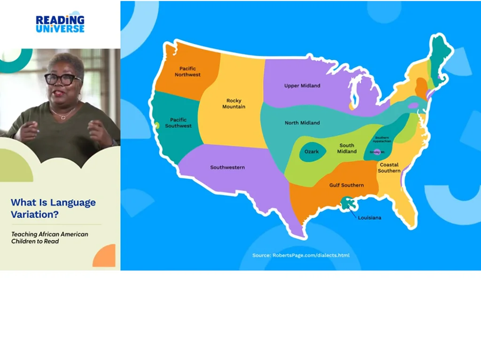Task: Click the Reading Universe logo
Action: point(60,23)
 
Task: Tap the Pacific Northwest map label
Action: point(187,71)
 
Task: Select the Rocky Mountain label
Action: point(233,103)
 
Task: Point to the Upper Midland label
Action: point(302,85)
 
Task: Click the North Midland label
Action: point(302,123)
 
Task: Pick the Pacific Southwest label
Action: point(178,123)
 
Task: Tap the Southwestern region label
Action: point(227,167)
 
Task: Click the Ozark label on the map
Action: point(311,152)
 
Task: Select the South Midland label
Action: point(347,148)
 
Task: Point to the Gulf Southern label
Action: point(346,185)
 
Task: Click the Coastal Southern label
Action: point(389,168)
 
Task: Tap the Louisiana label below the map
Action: point(369,218)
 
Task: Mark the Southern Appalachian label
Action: point(381,139)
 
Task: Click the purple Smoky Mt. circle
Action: point(376,152)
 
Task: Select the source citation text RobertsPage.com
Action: point(301,255)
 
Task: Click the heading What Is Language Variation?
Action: point(53,208)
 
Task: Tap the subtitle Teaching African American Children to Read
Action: point(50,237)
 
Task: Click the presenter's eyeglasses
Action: point(63,79)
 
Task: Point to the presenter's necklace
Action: point(63,114)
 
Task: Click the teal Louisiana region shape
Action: point(348,203)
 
